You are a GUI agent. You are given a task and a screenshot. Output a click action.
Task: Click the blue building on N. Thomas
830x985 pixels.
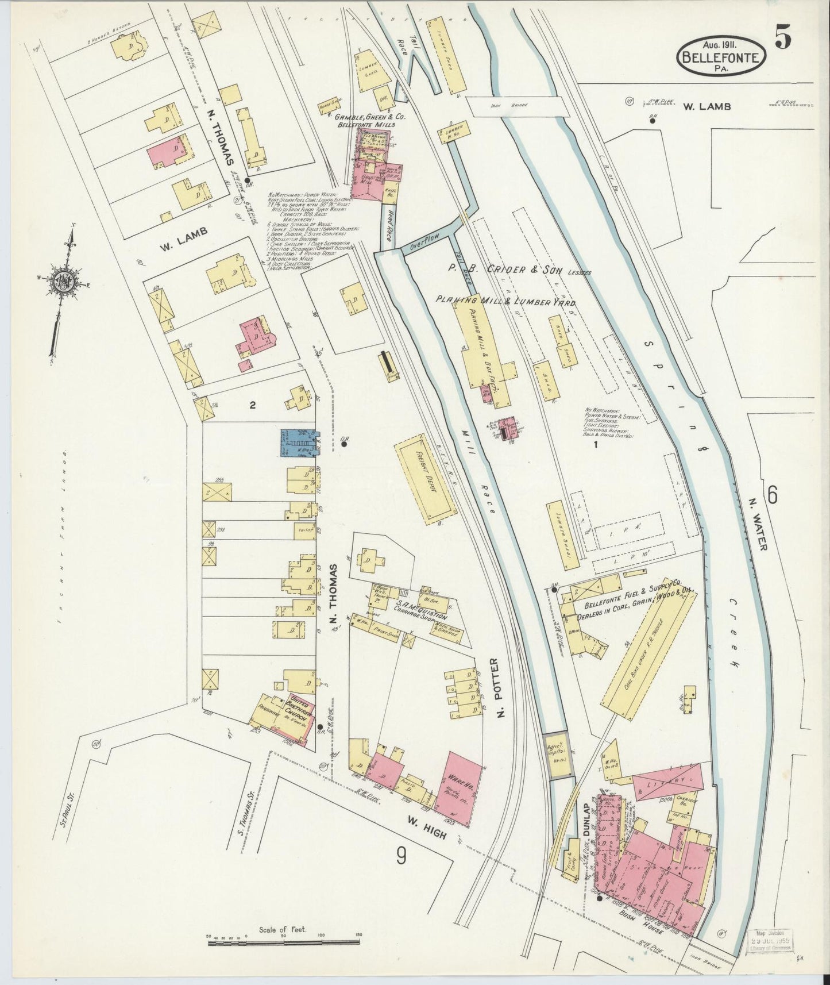coord(297,443)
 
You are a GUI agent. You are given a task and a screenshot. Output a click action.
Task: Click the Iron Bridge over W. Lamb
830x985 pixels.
coord(514,106)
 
